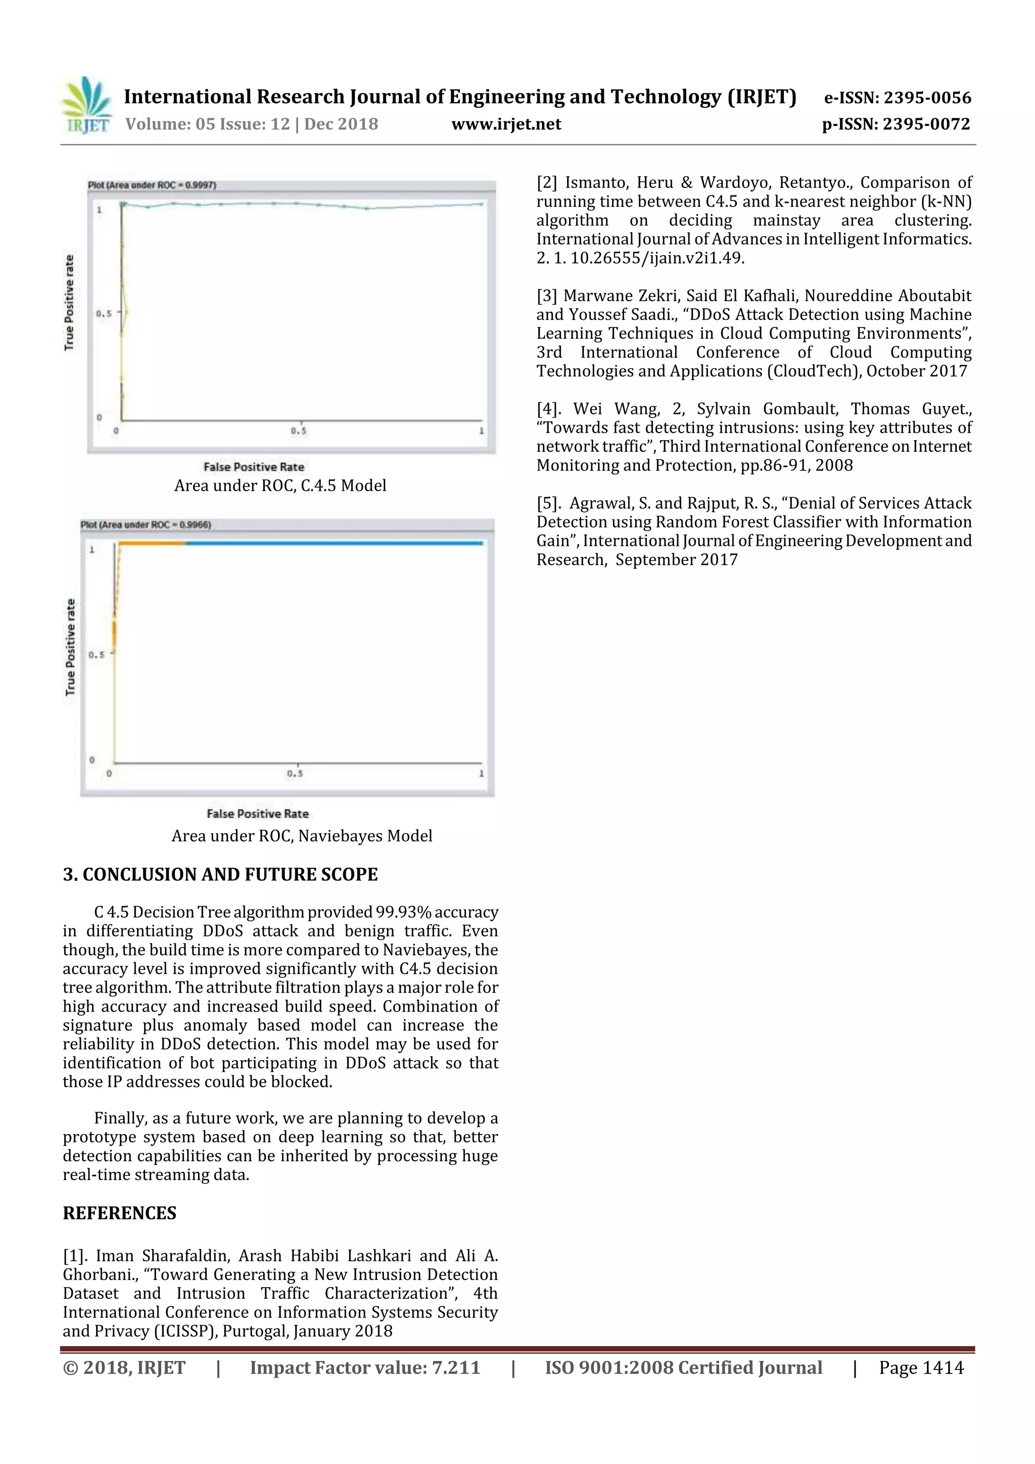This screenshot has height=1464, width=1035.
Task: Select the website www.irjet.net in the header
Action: [x=506, y=124]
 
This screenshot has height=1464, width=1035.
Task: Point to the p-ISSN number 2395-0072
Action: [x=926, y=124]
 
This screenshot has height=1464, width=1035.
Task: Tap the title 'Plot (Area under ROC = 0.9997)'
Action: [x=152, y=185]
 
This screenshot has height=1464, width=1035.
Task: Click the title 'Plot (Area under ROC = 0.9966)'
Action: [x=146, y=525]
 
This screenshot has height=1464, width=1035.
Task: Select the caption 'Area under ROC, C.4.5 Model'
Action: [x=280, y=485]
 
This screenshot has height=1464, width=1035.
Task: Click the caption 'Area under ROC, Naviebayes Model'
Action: [x=302, y=836]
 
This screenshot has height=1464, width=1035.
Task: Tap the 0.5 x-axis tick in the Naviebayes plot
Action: [x=295, y=774]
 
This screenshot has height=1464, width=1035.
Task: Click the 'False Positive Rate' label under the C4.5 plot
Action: [x=254, y=467]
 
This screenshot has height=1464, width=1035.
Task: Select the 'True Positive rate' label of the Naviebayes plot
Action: [x=70, y=646]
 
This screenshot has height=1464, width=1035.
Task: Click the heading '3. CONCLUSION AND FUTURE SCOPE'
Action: [x=220, y=874]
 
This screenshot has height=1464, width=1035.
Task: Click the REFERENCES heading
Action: [x=119, y=1213]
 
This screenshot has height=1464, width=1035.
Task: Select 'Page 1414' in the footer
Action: [x=921, y=1367]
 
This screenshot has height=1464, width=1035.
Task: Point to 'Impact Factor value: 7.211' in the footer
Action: [x=365, y=1367]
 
